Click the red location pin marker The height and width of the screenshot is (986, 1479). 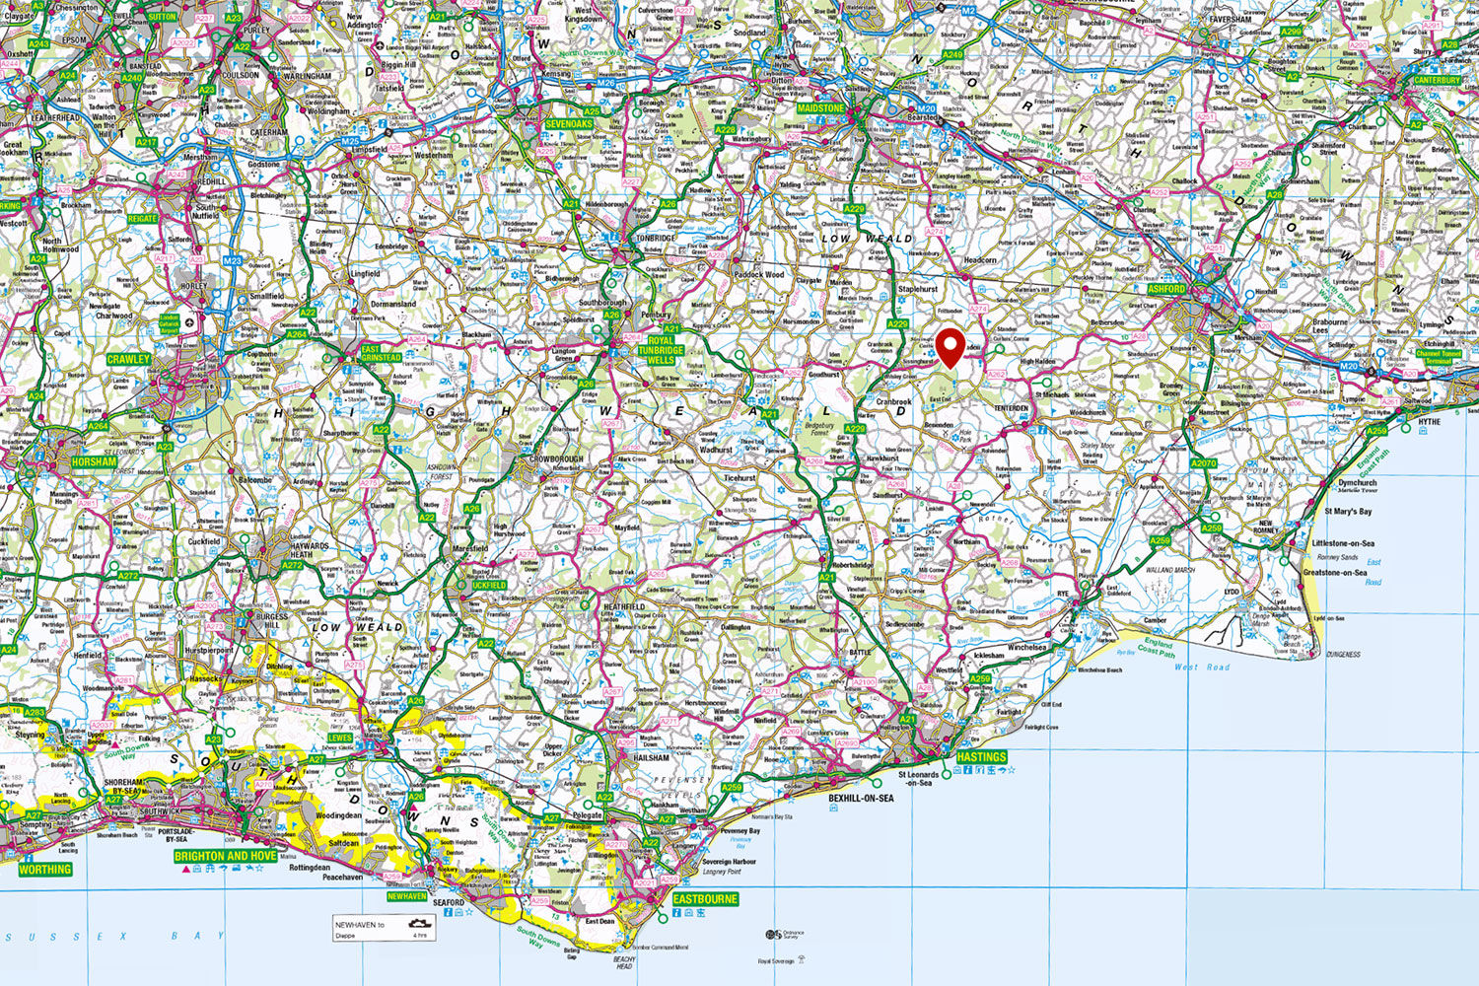pos(951,347)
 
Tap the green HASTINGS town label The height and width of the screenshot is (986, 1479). pos(981,757)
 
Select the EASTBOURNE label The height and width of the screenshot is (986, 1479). pos(705,899)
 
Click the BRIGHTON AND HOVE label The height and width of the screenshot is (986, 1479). pos(226,856)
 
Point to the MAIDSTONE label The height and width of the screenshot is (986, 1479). pos(820,108)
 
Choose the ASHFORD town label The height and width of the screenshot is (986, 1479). pos(1166,290)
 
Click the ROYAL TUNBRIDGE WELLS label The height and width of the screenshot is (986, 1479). pos(660,350)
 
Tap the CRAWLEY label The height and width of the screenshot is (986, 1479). pos(128,360)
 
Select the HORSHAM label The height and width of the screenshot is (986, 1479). pos(94,461)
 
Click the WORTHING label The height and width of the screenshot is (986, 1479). pos(44,870)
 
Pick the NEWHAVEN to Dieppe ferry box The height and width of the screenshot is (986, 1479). pos(385,927)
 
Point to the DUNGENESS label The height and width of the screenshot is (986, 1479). pos(1343,655)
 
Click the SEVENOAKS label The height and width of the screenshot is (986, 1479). pos(569,125)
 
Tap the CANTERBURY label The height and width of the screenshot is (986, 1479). pos(1437,80)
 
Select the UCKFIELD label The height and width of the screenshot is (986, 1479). pos(489,585)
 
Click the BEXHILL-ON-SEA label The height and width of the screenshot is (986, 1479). pos(860,798)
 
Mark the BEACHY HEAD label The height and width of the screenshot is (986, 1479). pos(624,962)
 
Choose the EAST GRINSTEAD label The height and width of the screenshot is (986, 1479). pos(382,353)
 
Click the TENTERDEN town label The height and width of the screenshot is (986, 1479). pos(1011,408)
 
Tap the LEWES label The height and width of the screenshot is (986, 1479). pos(339,738)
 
